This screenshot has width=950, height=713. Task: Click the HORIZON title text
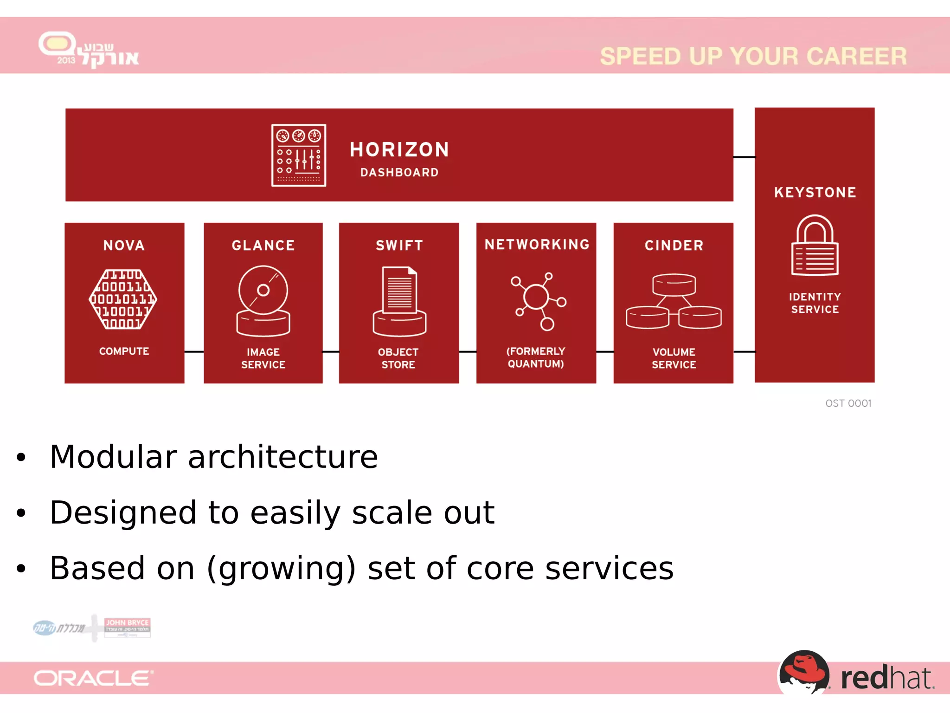(399, 149)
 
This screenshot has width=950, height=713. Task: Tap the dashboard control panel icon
(299, 155)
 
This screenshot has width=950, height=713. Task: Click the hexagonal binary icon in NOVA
(123, 299)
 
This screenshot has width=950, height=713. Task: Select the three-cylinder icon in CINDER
(674, 301)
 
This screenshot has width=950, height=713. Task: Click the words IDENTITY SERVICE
(815, 303)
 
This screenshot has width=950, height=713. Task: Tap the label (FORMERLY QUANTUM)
(536, 357)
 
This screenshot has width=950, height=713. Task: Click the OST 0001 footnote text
(848, 403)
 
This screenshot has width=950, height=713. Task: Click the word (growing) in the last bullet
(281, 569)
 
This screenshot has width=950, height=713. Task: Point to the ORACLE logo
(93, 678)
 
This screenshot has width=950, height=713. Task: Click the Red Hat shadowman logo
(803, 672)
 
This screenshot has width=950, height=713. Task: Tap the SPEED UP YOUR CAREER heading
(753, 56)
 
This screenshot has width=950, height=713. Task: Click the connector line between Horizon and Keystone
(744, 157)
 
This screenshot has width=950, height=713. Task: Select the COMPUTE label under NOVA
(124, 351)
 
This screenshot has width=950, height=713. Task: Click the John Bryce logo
(127, 627)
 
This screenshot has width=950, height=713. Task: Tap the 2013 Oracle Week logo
(88, 50)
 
